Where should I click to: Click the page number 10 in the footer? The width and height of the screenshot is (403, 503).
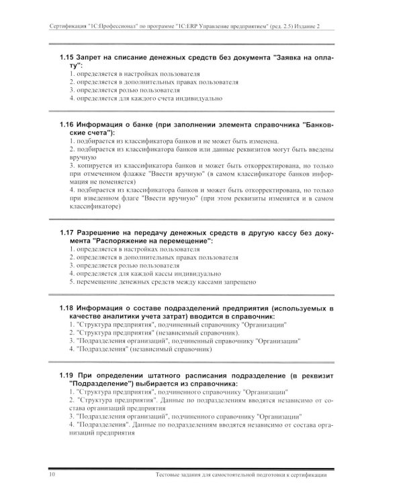53,475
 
